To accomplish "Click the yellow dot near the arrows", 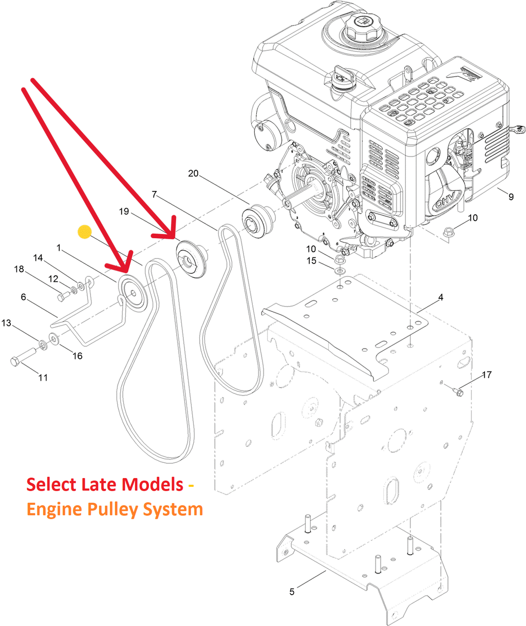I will (84, 232).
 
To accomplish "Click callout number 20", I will (193, 174).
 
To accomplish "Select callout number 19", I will (124, 212).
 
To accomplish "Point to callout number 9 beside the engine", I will (511, 196).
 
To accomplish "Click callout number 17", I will (486, 375).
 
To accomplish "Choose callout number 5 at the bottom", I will (292, 592).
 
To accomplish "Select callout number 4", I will (440, 297).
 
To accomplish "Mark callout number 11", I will (43, 377).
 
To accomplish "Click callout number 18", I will (19, 269).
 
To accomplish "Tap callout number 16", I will (77, 355).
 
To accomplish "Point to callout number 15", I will (312, 261).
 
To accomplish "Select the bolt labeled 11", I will (22, 357).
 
